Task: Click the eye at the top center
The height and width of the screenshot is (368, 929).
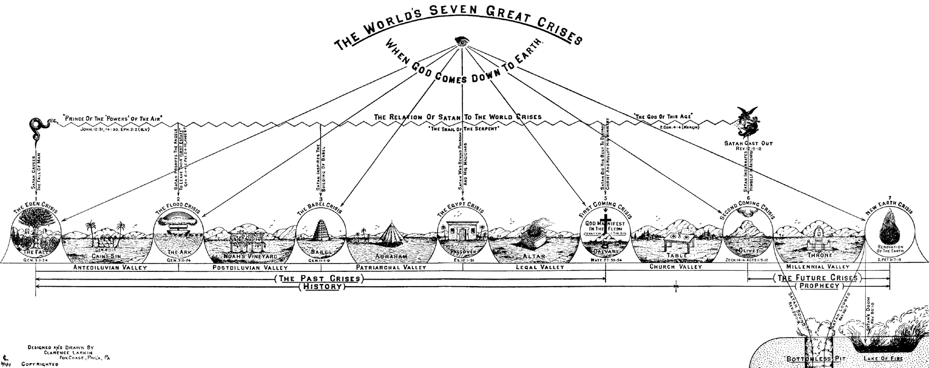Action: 463,42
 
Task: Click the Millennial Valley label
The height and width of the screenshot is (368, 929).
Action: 819,267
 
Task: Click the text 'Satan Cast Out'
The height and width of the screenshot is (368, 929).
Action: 747,143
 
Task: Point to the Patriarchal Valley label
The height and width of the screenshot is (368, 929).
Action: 390,267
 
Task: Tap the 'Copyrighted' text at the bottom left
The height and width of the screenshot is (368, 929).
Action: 40,364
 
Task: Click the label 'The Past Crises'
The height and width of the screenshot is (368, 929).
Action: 320,278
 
